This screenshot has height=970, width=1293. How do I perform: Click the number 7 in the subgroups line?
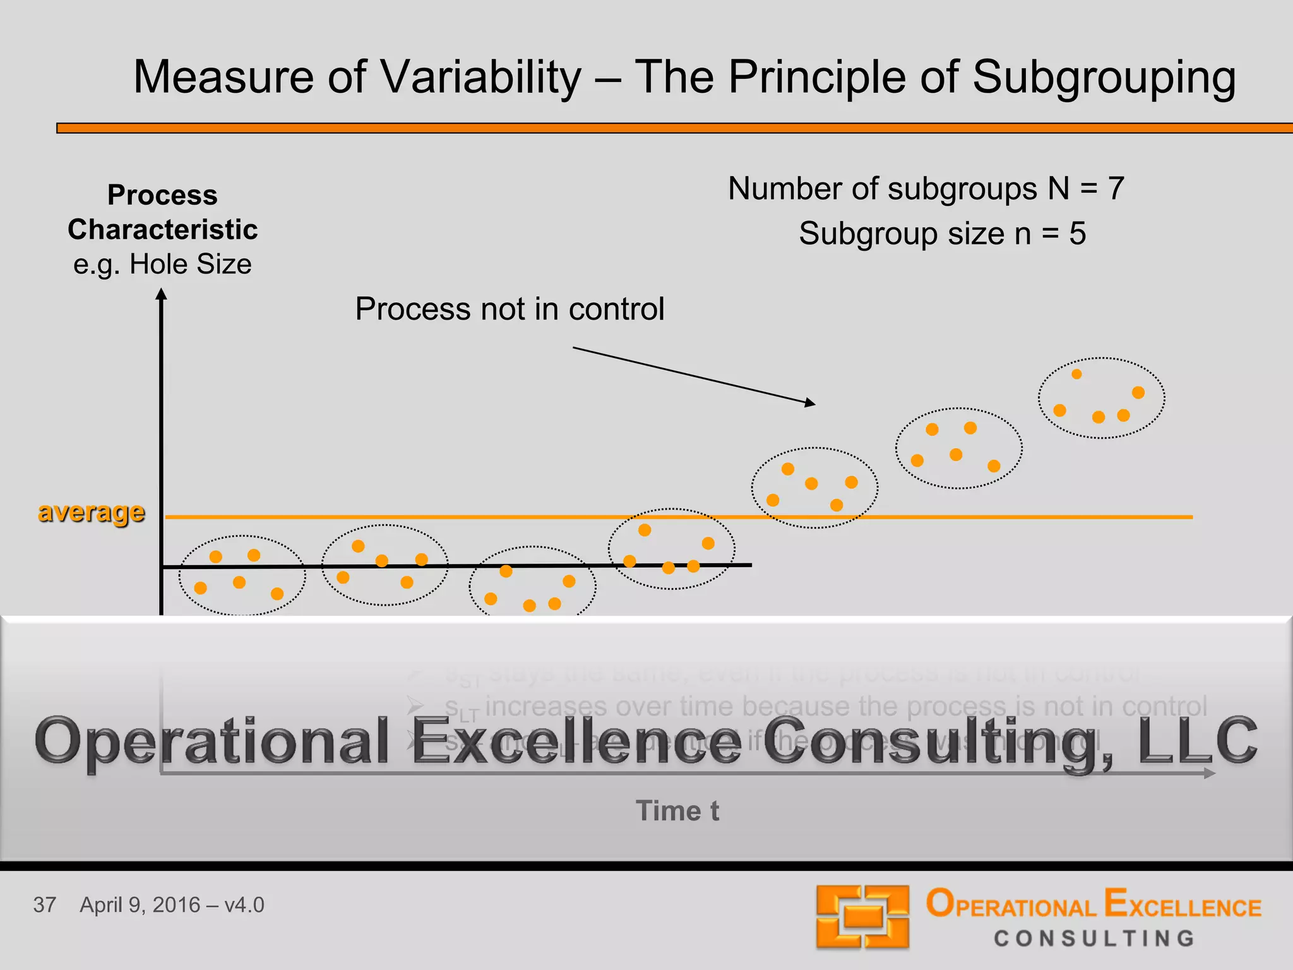pos(1116,189)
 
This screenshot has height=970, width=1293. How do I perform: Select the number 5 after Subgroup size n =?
pos(1077,234)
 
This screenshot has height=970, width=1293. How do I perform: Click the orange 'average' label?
pos(92,512)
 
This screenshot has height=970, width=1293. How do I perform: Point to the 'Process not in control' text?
pos(509,309)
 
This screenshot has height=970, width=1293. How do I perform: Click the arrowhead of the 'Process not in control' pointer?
pos(811,402)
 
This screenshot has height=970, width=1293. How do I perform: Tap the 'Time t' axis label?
pos(677,811)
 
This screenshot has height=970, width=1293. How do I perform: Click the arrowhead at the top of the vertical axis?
pos(162,294)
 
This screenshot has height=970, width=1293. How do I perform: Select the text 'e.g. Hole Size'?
pos(162,264)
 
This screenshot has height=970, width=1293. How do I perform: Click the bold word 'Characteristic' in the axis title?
pos(162,230)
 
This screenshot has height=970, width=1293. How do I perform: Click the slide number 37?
pos(45,905)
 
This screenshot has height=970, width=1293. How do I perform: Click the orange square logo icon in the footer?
pos(862,916)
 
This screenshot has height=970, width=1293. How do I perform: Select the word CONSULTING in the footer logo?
pos(1094,938)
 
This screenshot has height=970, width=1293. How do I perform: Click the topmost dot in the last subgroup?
pos(1077,374)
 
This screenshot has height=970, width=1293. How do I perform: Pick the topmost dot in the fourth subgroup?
pos(645,530)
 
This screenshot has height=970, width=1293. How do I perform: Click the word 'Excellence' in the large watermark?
pos(576,741)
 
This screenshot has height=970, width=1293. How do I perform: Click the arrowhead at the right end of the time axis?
pos(1210,773)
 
